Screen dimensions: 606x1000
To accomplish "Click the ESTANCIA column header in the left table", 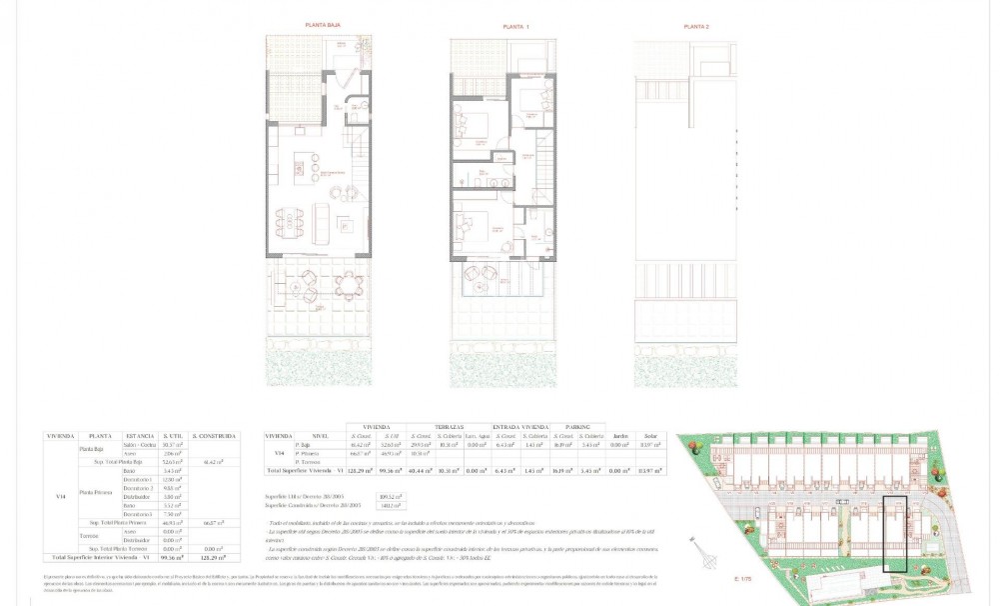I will click(140, 436).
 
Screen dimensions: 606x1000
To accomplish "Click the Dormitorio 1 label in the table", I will click(140, 479).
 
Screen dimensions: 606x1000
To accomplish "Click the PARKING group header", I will click(575, 425).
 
